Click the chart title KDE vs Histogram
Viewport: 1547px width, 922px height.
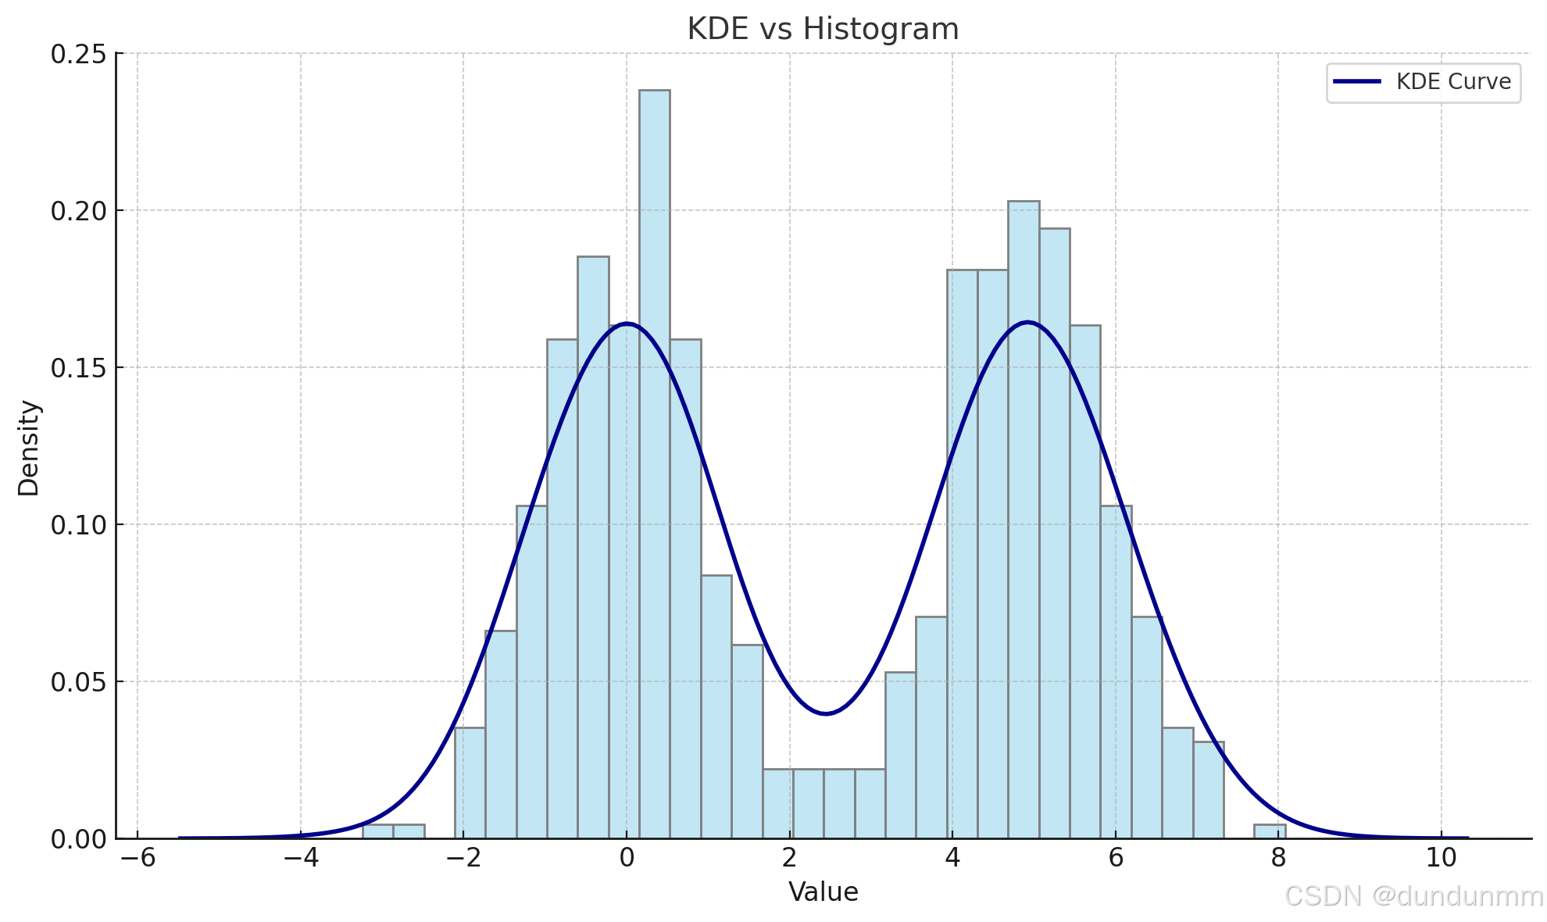[823, 30]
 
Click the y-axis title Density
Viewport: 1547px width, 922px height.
[29, 448]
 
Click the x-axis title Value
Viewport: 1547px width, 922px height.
[823, 892]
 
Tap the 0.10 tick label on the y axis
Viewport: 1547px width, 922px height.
[78, 525]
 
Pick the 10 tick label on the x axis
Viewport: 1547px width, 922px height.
[1442, 859]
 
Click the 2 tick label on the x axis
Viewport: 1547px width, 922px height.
[789, 859]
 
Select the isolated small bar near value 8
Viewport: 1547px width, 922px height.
[1270, 831]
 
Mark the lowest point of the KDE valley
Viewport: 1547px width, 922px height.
[826, 713]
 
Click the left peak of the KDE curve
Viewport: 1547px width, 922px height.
[627, 323]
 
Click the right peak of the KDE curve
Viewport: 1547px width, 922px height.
[1027, 322]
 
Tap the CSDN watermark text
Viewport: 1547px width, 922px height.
[1414, 896]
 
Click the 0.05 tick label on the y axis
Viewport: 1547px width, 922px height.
[78, 682]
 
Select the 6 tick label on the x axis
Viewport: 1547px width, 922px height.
[1116, 859]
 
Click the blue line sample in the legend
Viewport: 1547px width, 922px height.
[1357, 82]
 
